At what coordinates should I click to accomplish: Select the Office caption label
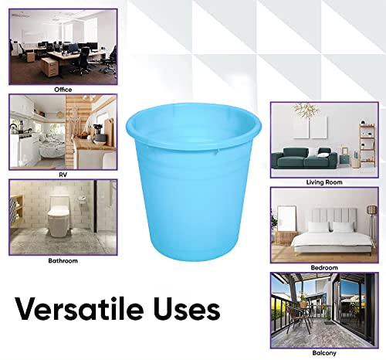63,90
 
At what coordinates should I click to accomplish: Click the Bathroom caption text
63,261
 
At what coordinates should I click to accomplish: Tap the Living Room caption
323,183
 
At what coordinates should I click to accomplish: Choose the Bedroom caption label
323,267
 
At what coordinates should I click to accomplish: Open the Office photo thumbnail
63,46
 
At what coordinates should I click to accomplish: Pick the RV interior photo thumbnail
63,132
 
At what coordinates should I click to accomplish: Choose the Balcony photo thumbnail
323,308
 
